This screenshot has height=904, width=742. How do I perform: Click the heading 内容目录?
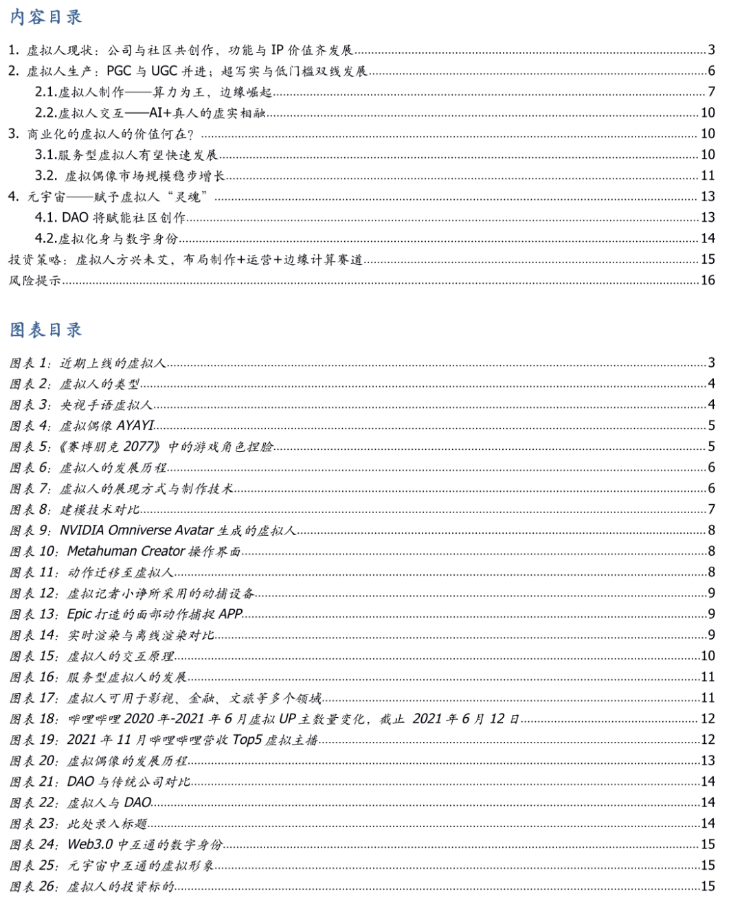[46, 17]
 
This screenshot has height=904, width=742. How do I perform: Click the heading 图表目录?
[46, 330]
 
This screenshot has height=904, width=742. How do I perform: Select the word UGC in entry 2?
[164, 71]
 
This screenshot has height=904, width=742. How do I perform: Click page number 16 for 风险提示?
[708, 280]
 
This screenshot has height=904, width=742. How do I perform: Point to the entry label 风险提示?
[34, 280]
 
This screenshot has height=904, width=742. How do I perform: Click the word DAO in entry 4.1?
[76, 218]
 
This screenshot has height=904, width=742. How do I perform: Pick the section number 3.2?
[46, 176]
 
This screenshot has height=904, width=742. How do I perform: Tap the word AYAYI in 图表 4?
[135, 426]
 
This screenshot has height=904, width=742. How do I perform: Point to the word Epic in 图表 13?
[79, 614]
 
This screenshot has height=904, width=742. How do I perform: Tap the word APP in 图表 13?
[230, 614]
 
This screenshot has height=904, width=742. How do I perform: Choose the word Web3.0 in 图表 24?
[90, 844]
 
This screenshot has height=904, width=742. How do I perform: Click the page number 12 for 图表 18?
[708, 719]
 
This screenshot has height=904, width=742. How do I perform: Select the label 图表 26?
[34, 886]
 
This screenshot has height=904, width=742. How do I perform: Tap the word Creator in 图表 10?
[164, 552]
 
